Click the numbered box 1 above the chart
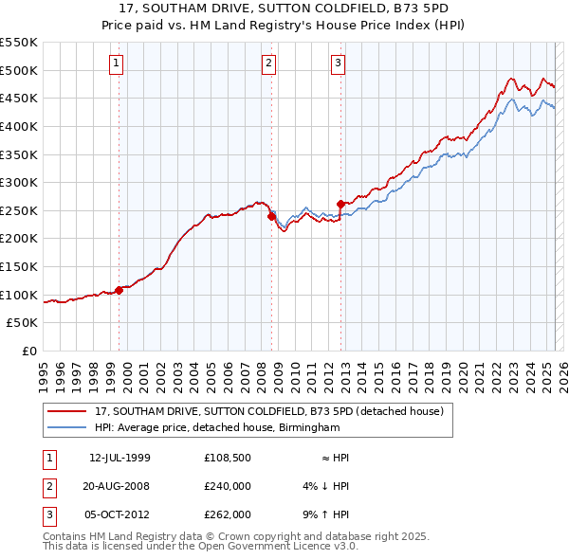point(116,63)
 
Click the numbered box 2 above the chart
point(268,63)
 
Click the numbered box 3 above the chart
point(338,63)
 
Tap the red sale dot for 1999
point(119,290)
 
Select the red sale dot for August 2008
point(271,216)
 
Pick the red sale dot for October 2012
point(340,204)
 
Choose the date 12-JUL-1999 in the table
point(119,458)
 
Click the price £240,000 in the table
point(228,486)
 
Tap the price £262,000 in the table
point(228,514)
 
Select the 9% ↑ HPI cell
point(326,514)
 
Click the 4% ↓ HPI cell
point(326,486)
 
